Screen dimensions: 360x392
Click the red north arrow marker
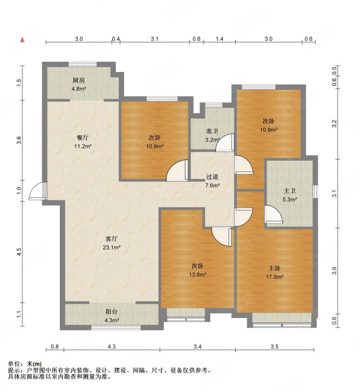point(23,40)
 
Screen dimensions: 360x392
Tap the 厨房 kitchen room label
point(78,80)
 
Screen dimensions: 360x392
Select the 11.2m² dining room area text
point(83,146)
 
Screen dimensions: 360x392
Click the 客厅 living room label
point(111,239)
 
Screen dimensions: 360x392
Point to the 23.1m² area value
point(111,247)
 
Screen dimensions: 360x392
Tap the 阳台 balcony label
point(111,312)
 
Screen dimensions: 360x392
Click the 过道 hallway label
point(212,177)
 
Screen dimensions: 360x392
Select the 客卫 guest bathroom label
point(212,131)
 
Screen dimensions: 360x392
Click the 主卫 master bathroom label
point(290,191)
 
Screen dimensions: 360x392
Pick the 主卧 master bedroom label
point(275,269)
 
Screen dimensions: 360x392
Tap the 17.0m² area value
point(275,277)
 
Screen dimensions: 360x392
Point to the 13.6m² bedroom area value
point(198,275)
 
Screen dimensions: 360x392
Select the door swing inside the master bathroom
point(274,214)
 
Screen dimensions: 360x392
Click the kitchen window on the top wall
point(82,64)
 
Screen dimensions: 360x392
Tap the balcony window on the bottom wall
point(116,327)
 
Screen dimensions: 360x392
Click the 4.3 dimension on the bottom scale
point(111,346)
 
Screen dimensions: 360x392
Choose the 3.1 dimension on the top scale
point(154,39)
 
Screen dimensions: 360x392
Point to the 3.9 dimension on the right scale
point(334,271)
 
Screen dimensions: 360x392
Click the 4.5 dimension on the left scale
point(20,251)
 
